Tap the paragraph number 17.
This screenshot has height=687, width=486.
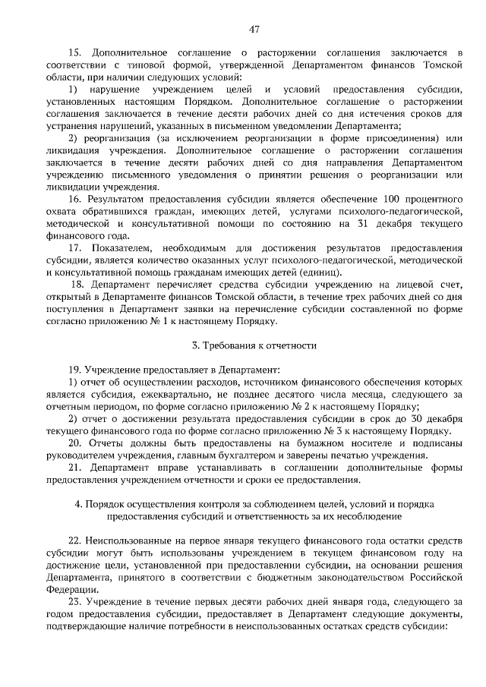pyautogui.click(x=74, y=248)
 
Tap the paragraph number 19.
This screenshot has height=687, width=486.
pyautogui.click(x=74, y=370)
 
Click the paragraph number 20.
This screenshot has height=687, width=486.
pyautogui.click(x=74, y=443)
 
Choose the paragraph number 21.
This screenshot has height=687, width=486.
pyautogui.click(x=74, y=467)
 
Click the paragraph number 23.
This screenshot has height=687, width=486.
pyautogui.click(x=74, y=600)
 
